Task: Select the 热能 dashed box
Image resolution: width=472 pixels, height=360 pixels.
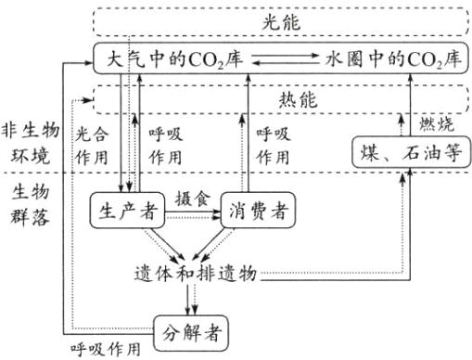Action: pyautogui.click(x=279, y=96)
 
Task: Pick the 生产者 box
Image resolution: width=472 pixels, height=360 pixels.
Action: pyautogui.click(x=127, y=211)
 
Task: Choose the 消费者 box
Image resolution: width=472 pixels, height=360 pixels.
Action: pyautogui.click(x=253, y=211)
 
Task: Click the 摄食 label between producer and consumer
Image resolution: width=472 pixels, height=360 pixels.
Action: pyautogui.click(x=190, y=198)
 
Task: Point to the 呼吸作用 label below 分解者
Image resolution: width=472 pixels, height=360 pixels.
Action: pyautogui.click(x=107, y=350)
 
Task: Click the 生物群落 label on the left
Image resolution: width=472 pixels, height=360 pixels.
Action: pyautogui.click(x=24, y=206)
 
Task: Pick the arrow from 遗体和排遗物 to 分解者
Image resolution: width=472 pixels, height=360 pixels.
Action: pyautogui.click(x=191, y=299)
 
